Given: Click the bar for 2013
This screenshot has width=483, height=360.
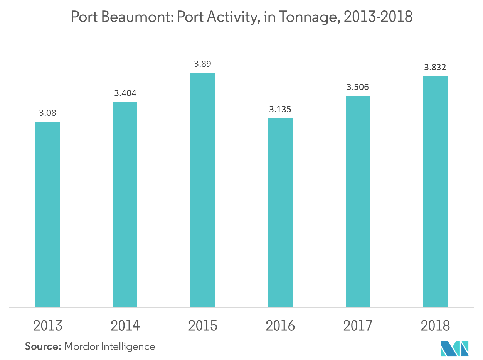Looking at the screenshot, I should coord(47,214).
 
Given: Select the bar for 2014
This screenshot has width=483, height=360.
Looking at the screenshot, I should coord(125,205).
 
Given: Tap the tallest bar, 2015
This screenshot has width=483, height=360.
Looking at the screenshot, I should coord(202,190).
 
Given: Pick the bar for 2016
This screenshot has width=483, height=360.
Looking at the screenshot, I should coord(280,213).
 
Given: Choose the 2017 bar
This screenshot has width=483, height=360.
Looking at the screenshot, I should coord(358,201).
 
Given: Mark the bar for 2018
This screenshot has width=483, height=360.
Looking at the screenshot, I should coord(435,191).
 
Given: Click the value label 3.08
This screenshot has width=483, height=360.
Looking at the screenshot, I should coord(47,113).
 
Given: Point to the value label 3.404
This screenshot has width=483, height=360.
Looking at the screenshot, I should coord(125,93).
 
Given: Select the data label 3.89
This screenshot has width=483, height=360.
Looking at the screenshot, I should coord(202,64).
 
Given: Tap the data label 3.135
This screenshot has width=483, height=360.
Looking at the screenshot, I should coord(280,110).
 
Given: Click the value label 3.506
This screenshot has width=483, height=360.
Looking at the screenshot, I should coord(358,87).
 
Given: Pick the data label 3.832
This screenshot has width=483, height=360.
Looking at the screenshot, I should coord(435,68).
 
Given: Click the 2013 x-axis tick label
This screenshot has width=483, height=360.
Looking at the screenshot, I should coord(47,326).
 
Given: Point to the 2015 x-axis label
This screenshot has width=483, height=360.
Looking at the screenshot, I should coord(202,326).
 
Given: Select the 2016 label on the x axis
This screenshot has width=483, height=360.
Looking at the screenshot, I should coord(280,326).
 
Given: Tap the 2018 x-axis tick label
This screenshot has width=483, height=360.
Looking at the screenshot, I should coord(435,326).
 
